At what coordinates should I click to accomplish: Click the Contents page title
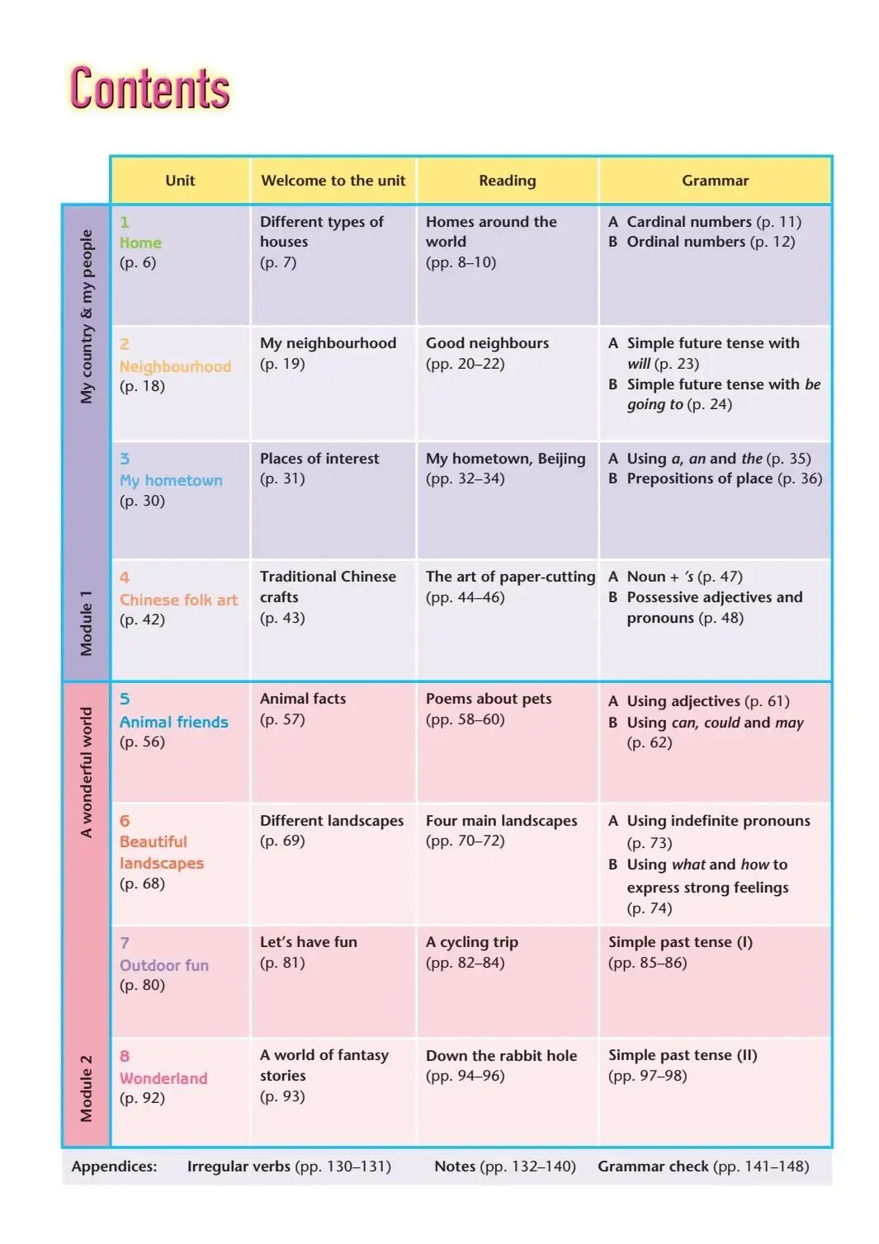[x=149, y=88]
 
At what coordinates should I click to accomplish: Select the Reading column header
[x=507, y=181]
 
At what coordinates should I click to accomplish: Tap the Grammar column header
[x=715, y=181]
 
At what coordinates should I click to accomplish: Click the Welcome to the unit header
[x=333, y=181]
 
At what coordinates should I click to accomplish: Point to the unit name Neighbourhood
[x=175, y=366]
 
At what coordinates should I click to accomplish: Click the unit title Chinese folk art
[x=178, y=600]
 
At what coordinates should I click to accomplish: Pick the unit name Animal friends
[x=173, y=722]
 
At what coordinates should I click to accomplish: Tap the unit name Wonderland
[x=163, y=1078]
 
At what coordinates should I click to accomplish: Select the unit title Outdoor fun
[x=163, y=965]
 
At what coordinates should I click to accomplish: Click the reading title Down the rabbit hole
[x=501, y=1056]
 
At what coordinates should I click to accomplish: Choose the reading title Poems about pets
[x=489, y=699]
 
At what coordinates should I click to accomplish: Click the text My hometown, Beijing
[x=505, y=459]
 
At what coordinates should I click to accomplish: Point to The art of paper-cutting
[x=510, y=577]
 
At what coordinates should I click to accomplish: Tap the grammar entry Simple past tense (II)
[x=683, y=1055]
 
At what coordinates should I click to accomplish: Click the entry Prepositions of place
[x=699, y=478]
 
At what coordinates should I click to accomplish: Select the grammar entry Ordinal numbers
[x=685, y=242]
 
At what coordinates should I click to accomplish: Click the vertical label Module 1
[x=87, y=623]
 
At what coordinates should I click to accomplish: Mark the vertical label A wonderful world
[x=87, y=772]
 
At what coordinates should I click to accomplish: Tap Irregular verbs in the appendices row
[x=239, y=1166]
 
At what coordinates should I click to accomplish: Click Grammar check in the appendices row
[x=653, y=1166]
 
